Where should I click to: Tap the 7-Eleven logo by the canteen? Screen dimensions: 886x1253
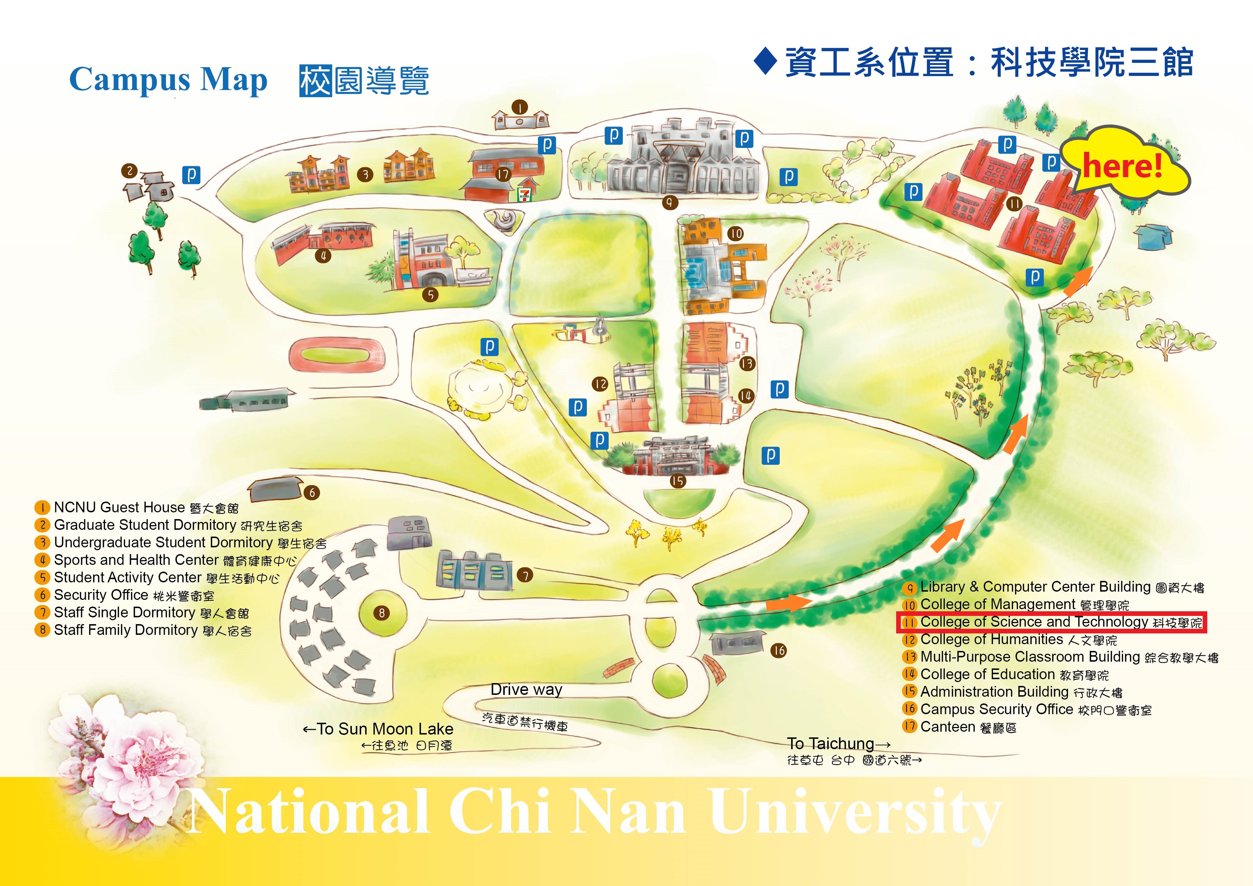(524, 195)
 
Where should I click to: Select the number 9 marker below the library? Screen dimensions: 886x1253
(670, 203)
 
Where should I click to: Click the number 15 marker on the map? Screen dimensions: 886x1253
(678, 481)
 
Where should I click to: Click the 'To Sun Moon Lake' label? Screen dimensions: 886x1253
(378, 729)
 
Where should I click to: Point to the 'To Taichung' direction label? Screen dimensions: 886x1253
(838, 743)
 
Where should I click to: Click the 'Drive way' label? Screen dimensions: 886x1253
(526, 690)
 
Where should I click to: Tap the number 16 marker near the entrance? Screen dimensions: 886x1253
(779, 650)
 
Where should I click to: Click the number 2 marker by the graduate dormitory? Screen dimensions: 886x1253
(129, 171)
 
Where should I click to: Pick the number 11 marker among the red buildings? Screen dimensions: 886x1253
(1014, 204)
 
